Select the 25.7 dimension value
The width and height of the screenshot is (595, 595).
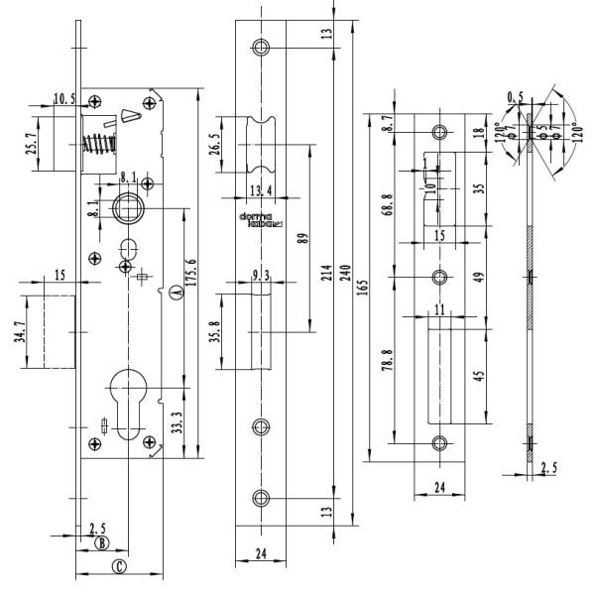pos(33,148)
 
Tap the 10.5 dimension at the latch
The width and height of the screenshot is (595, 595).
pos(63,98)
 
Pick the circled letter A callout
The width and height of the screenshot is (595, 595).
pos(176,294)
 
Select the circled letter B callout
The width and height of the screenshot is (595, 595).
pos(100,542)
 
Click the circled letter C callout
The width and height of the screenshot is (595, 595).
pos(118,566)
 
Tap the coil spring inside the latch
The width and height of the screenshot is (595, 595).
pos(98,154)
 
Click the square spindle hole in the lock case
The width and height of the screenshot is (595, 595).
pos(127,207)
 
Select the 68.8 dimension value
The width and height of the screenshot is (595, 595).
pos(388,201)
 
